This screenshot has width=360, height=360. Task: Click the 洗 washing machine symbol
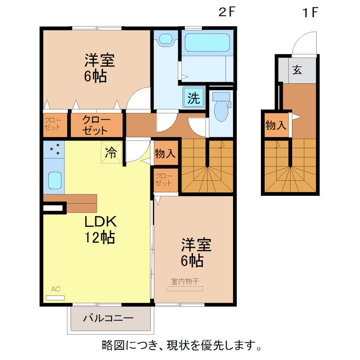(x=193, y=98)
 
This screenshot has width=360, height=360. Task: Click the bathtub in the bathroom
(x=208, y=43)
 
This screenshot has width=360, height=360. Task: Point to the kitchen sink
(x=54, y=181)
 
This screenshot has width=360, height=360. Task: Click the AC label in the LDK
(x=55, y=289)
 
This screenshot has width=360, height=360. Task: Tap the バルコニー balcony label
(x=108, y=319)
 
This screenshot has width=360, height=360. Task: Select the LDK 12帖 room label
(x=100, y=229)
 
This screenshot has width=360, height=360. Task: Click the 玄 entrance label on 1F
(x=297, y=70)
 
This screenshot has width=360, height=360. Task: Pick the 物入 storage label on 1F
(x=275, y=125)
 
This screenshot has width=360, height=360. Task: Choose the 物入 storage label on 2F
(x=165, y=153)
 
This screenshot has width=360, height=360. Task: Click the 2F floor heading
(x=226, y=12)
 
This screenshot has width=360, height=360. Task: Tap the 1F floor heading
(x=310, y=12)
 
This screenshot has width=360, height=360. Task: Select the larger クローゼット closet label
(x=95, y=125)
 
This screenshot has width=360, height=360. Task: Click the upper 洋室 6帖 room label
(x=99, y=67)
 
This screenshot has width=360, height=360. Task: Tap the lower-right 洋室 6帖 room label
(x=196, y=252)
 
